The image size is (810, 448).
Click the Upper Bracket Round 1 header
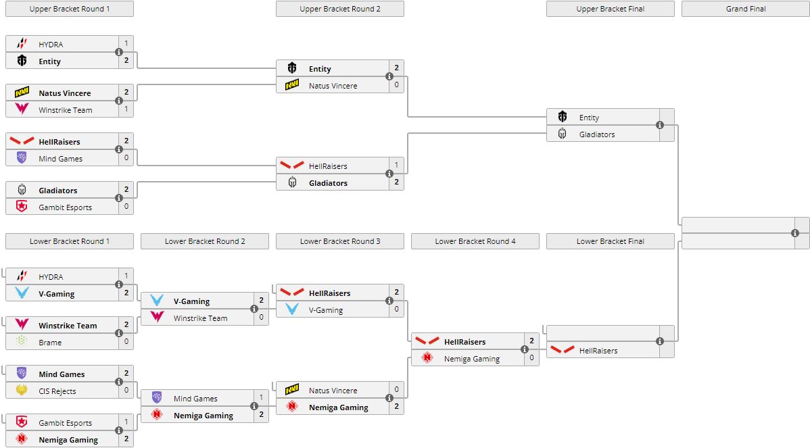coord(69,9)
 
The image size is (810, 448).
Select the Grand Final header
coord(746,9)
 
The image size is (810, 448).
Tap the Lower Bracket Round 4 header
coord(475,241)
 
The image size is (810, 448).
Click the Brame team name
coord(50,343)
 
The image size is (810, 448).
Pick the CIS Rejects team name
coord(57,391)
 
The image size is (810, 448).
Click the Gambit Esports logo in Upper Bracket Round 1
coord(22,207)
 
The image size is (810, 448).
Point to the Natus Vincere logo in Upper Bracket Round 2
coord(292,86)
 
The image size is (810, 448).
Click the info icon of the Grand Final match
coord(795,233)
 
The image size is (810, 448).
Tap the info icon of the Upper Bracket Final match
coord(660,125)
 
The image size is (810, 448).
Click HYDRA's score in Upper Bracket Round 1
coord(126,43)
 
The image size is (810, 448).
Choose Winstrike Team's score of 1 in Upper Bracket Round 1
coord(126,109)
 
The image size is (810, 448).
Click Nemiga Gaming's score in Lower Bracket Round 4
coord(531,358)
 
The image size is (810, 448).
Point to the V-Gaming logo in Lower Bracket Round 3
coord(292,309)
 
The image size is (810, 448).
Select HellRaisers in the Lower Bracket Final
coord(598,351)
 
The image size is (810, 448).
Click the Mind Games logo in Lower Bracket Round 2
coord(157,398)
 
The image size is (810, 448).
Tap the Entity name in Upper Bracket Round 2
coord(320,69)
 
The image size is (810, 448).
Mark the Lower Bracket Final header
coord(610,241)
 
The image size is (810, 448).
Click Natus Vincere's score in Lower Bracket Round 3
coord(396,389)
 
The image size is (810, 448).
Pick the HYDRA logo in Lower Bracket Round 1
coord(22,276)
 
